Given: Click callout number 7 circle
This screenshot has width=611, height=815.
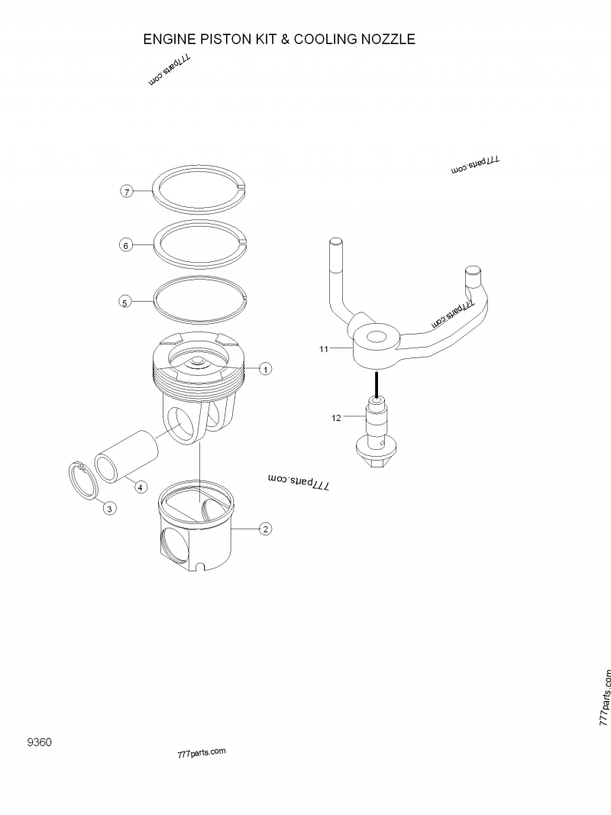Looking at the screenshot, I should [128, 191].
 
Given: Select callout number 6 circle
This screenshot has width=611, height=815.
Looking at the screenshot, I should [127, 245].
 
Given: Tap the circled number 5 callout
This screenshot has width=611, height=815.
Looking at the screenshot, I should [126, 302].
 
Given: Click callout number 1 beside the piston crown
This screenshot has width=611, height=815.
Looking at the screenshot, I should [265, 369].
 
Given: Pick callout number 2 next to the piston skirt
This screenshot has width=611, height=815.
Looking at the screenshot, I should [265, 529].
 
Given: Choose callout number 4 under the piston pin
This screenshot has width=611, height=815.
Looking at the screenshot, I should [140, 487].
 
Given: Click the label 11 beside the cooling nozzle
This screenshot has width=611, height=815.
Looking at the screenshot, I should [324, 348].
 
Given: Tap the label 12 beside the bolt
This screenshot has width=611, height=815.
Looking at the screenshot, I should [336, 417].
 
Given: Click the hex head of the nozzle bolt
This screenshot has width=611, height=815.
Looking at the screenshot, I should [377, 460].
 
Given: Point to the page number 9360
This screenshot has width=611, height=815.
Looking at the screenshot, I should [39, 742].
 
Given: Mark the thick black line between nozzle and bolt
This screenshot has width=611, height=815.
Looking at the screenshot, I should [377, 383].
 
